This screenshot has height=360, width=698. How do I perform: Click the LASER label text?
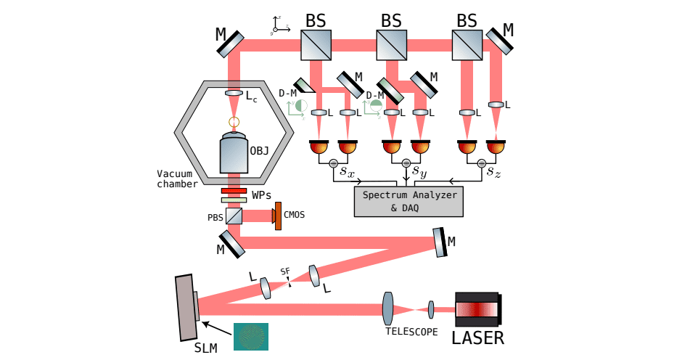tap(477, 337)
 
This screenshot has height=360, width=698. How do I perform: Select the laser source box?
tap(478, 309)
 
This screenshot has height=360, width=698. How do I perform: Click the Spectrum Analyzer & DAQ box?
tap(408, 201)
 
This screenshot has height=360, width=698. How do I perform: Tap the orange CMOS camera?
tap(277, 216)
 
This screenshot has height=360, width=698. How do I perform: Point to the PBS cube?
tap(234, 216)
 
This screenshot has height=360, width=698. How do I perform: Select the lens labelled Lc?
tap(234, 94)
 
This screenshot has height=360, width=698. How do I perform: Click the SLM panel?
tap(185, 307)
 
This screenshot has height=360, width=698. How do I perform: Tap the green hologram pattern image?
tap(250, 337)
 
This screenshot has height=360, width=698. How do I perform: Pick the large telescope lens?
tap(388, 309)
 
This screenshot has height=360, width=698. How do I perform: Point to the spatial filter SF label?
tap(285, 271)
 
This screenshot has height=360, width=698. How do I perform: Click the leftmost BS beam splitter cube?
tap(316, 45)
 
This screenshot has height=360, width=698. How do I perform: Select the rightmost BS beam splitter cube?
tap(466, 45)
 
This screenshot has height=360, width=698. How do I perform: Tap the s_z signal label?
tap(493, 172)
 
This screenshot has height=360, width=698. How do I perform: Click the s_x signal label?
tap(346, 172)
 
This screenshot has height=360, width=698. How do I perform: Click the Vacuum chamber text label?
tap(177, 179)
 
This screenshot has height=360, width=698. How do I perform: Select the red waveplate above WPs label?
tap(234, 191)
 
